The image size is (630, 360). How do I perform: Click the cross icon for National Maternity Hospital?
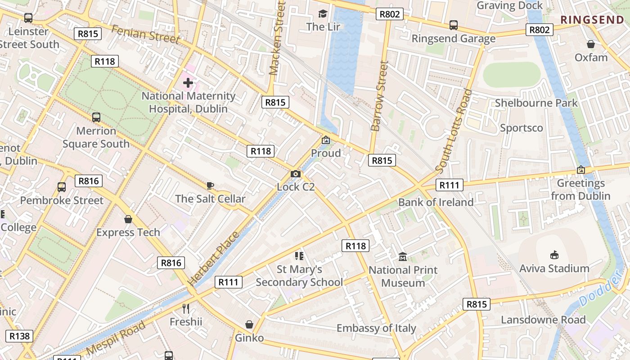tap(188, 83)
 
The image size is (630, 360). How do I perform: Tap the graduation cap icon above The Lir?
tap(323, 13)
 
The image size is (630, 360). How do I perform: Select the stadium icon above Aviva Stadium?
tap(554, 255)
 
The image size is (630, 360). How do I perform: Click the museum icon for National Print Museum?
tap(403, 257)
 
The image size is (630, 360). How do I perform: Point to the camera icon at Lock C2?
tap(296, 174)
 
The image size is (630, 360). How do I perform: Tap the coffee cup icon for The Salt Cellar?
tap(210, 185)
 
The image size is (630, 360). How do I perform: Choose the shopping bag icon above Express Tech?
tap(128, 219)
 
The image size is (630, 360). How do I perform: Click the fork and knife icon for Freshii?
tap(186, 309)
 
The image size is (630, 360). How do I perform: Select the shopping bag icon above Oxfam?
tap(591, 44)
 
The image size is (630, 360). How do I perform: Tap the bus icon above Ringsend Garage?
tap(454, 25)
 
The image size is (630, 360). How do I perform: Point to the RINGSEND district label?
tap(592, 20)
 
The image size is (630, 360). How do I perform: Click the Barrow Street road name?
tap(379, 97)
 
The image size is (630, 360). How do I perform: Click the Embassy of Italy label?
tap(376, 328)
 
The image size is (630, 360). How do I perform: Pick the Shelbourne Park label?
tap(536, 103)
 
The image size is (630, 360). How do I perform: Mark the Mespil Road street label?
tap(116, 337)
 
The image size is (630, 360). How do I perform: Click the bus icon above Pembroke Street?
tap(62, 187)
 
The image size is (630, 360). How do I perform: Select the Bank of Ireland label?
tap(436, 202)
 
